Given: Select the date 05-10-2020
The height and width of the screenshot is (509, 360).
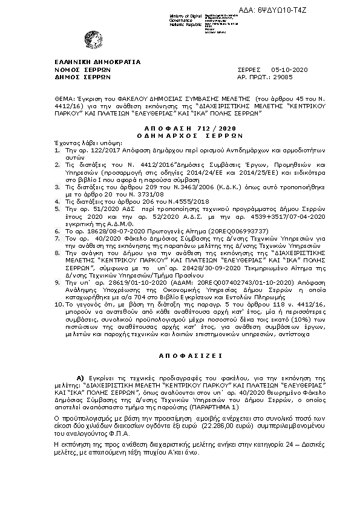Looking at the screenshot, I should [290, 70].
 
